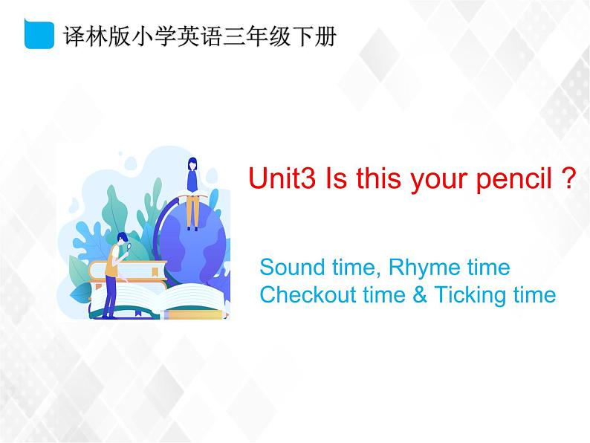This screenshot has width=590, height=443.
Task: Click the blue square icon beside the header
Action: click(39, 35)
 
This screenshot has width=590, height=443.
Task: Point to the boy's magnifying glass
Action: click(128, 248)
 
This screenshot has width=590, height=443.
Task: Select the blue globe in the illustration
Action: click(197, 238)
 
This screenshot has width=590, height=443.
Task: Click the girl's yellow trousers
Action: click(192, 212)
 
